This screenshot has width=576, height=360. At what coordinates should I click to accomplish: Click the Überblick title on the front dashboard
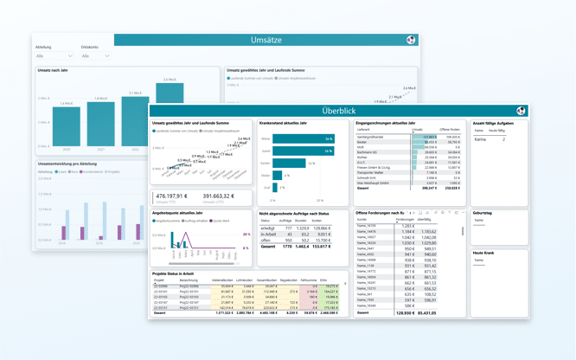338,111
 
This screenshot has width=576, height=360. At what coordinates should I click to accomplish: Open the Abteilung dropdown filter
54,55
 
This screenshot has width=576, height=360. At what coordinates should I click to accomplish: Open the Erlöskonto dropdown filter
95,55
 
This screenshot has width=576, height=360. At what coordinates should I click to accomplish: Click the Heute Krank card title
485,253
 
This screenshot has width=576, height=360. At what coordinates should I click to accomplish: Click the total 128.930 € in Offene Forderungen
404,312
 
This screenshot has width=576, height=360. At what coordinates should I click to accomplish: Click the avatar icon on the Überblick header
522,111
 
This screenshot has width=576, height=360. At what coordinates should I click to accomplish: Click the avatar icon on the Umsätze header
411,40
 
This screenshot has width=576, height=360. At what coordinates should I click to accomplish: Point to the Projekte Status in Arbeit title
181,273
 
